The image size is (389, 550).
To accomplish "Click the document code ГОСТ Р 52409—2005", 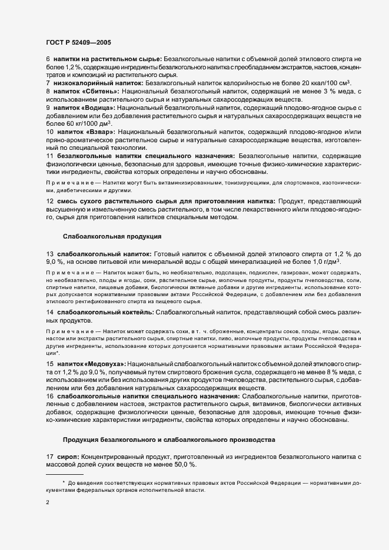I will (x=78, y=42).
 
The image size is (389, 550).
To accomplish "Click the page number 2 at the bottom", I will (x=48, y=502).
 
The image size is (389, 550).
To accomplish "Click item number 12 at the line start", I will (x=49, y=200).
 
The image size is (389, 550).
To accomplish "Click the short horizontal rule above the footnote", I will (x=65, y=474).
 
